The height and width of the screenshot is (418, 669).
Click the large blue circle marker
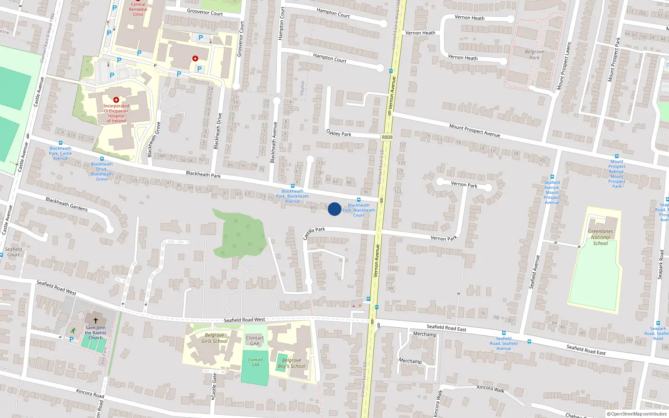coord(334,209)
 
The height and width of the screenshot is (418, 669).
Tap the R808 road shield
coord(387,137)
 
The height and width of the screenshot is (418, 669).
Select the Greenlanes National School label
coord(600,237)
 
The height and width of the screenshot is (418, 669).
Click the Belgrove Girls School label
coord(214,338)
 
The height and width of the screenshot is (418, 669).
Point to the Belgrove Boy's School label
coord(291,363)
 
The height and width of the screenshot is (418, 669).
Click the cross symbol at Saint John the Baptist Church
coord(96,321)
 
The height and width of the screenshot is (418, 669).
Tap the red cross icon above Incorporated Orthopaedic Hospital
coord(116,100)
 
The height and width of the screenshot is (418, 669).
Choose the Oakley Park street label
coord(339,133)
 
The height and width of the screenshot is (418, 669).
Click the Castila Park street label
coord(314,232)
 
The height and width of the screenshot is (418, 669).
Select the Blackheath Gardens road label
coord(67,204)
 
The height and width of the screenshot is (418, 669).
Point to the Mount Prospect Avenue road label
coord(475,130)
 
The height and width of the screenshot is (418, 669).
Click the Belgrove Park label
coord(534,55)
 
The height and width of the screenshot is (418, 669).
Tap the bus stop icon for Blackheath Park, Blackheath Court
coord(359,200)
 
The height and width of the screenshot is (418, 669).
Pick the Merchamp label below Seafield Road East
coord(424,334)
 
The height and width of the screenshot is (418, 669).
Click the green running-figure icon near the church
coord(74,331)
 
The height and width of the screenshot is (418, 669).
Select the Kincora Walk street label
coord(490,388)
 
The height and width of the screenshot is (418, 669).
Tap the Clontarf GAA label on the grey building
coord(255,341)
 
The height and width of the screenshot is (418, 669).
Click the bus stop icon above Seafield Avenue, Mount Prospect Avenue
coord(552,177)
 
